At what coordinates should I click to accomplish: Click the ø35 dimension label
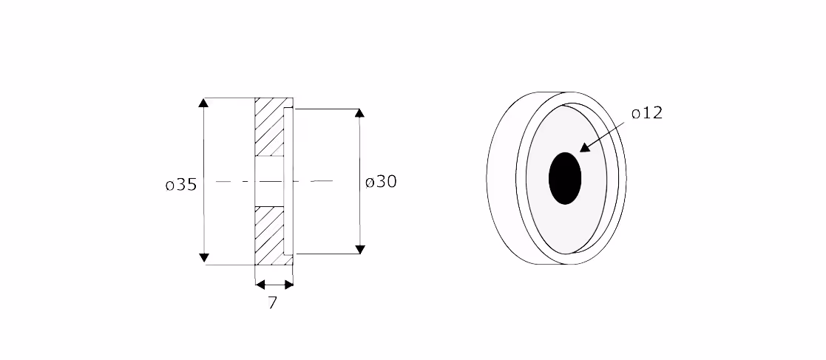coord(181,185)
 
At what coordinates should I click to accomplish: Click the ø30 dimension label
coord(381,182)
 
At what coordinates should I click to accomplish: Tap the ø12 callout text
coord(647,113)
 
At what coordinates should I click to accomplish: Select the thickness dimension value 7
coord(272,303)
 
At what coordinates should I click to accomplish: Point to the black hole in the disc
coord(565,178)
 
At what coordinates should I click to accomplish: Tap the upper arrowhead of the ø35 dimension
coord(203,103)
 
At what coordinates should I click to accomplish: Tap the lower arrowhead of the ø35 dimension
coord(203,258)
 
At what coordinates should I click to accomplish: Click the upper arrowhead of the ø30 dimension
coord(360,113)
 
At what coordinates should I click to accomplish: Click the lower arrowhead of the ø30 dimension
coord(360,249)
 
